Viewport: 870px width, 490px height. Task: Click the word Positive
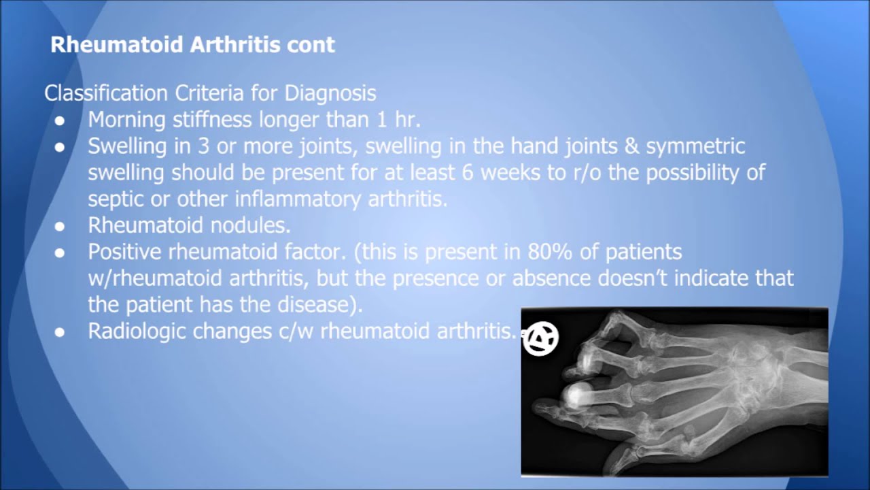pyautogui.click(x=127, y=252)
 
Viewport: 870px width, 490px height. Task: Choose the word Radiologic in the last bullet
pyautogui.click(x=137, y=331)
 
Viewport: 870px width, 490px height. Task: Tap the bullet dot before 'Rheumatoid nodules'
pyautogui.click(x=60, y=226)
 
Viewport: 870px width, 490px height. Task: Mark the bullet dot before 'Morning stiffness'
pyautogui.click(x=60, y=120)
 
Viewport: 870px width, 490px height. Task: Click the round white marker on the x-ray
pyautogui.click(x=541, y=338)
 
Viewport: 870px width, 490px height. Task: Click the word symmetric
pyautogui.click(x=695, y=146)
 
